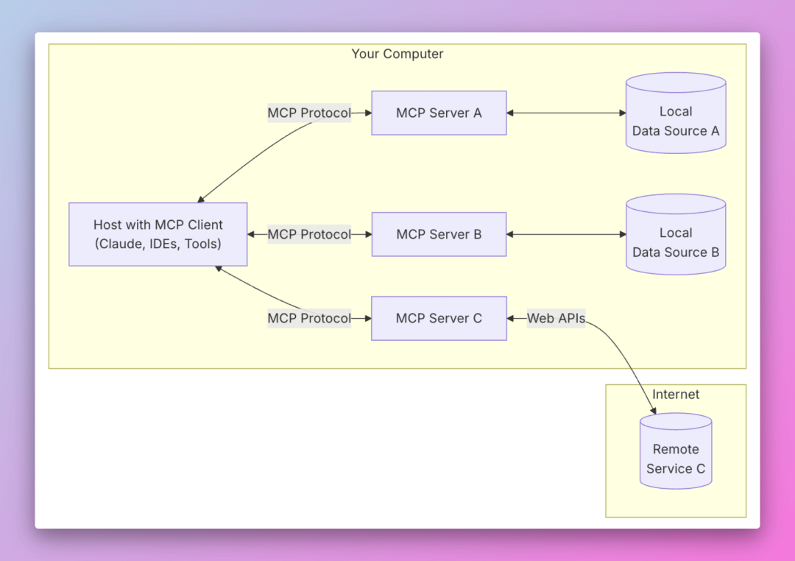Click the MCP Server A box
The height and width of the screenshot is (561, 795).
tap(439, 113)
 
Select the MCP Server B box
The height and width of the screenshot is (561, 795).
tap(439, 234)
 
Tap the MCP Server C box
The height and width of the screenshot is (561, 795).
tap(439, 318)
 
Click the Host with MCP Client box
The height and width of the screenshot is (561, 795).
tap(158, 234)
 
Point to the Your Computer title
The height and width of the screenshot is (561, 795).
tap(397, 54)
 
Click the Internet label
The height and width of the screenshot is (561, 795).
tap(675, 395)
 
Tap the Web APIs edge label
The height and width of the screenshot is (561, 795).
tap(556, 318)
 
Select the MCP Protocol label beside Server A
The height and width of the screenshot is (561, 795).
tap(309, 113)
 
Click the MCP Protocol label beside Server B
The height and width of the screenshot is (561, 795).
tap(309, 234)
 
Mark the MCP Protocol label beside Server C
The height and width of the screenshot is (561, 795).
tap(309, 318)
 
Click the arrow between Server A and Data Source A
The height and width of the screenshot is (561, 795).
tap(565, 113)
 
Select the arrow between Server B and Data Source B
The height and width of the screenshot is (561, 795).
tap(565, 234)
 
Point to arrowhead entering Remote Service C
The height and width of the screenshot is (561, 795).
tap(654, 409)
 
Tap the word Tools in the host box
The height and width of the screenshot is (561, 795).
tap(201, 244)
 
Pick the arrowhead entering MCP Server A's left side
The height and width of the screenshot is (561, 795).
tap(367, 113)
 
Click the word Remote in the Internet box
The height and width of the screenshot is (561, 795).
tap(675, 449)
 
